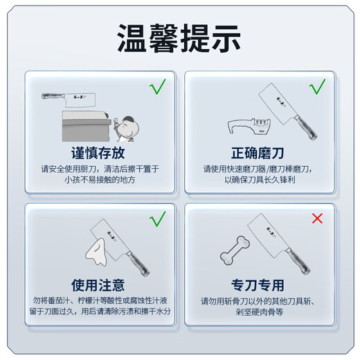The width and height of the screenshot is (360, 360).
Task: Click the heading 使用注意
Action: tap(98, 285)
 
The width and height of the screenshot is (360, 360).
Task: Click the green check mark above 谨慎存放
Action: tap(158, 87)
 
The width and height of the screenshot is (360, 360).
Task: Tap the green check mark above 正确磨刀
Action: tap(317, 87)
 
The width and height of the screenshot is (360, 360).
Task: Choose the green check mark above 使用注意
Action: tap(158, 219)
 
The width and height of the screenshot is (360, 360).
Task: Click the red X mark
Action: tap(317, 219)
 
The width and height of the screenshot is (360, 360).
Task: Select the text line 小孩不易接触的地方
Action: tap(98, 179)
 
